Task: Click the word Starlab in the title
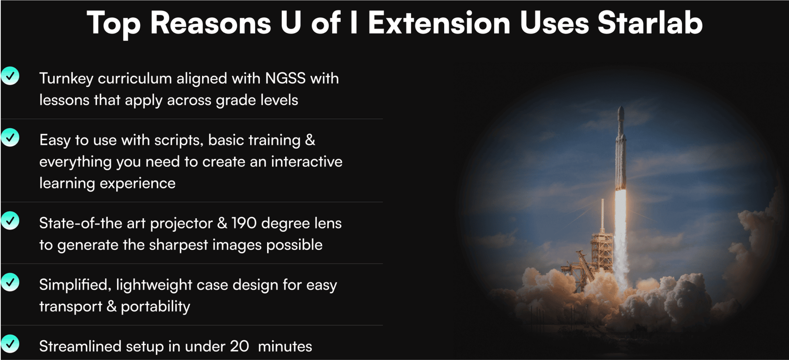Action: [650, 23]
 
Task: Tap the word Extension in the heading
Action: [439, 23]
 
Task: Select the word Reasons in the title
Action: [210, 23]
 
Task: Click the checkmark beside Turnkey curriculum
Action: [10, 76]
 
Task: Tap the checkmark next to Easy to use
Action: [10, 137]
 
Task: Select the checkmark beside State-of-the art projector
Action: [10, 221]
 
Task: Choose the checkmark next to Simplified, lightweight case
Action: [10, 282]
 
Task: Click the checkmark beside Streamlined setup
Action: [10, 344]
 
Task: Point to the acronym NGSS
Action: [285, 78]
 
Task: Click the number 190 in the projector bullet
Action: [244, 223]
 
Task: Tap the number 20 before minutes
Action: [239, 346]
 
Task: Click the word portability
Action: [155, 307]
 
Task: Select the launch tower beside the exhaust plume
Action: [601, 247]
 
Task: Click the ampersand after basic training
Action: [310, 140]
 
